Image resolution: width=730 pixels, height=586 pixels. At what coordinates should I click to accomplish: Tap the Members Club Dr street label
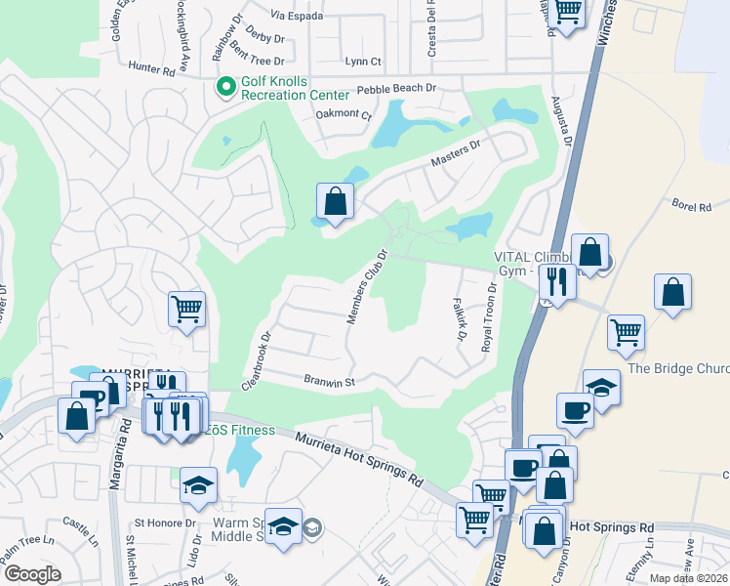[x=368, y=286]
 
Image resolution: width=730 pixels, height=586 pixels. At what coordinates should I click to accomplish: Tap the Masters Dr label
[x=456, y=153]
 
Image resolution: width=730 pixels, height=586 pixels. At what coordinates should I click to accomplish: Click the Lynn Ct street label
[x=363, y=62]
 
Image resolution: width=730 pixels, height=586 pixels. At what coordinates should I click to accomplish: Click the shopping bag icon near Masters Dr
[x=335, y=202]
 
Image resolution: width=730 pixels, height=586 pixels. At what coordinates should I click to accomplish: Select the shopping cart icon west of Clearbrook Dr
[x=186, y=310]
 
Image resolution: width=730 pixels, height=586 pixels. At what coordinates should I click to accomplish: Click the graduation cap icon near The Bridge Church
[x=601, y=387]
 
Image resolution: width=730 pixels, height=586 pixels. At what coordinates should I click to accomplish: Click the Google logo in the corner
[x=32, y=574]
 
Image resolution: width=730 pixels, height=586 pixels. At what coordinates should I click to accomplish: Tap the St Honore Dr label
[x=165, y=523]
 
